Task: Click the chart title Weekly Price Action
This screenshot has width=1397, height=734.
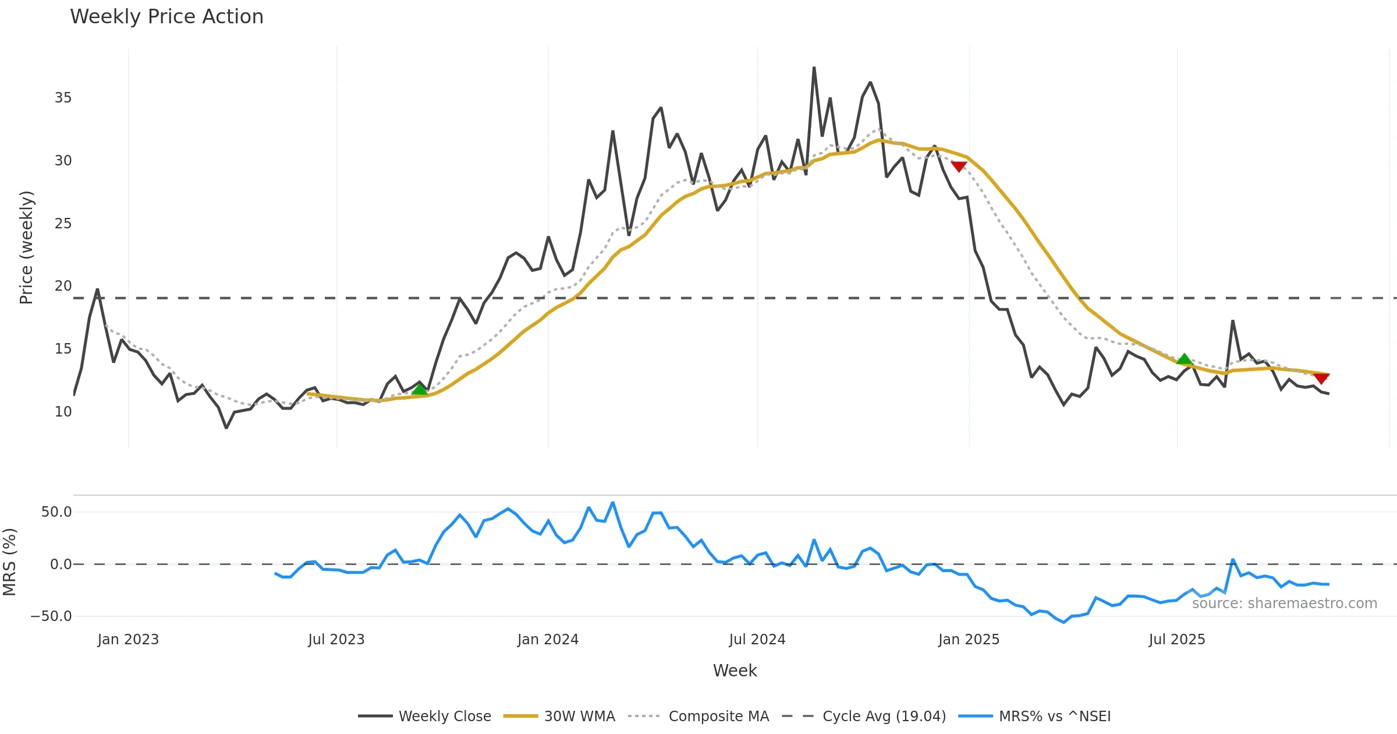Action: point(166,17)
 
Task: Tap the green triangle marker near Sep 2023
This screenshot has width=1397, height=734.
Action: point(419,389)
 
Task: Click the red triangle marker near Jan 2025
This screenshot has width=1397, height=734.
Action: point(959,167)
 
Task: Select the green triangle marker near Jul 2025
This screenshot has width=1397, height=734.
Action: point(1184,359)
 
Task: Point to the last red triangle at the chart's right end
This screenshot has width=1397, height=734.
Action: point(1321,379)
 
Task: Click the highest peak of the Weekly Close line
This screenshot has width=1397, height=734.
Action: point(814,68)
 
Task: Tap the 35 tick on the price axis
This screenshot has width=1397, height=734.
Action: point(63,98)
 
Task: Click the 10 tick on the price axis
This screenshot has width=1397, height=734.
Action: point(63,412)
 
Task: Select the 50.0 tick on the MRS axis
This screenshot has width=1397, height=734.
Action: point(56,512)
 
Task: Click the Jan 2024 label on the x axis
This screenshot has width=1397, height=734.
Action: point(548,640)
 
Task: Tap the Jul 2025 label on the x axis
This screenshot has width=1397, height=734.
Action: point(1177,640)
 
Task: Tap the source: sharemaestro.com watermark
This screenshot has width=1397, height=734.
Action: point(1284,604)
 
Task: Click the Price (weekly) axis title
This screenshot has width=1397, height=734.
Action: point(27,248)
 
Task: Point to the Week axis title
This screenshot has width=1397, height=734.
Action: point(735,671)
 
